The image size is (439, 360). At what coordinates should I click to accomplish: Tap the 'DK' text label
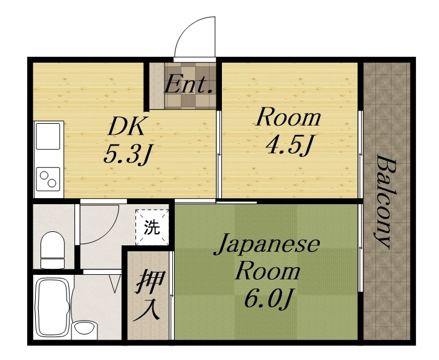128,127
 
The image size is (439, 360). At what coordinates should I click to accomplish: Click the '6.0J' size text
268,299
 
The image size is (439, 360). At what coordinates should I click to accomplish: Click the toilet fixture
53,250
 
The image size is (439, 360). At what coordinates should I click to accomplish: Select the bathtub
53,307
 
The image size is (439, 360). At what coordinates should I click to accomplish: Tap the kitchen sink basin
48,137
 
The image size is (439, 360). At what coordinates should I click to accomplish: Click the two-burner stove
48,179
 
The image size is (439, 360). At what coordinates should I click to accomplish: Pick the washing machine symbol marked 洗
152,227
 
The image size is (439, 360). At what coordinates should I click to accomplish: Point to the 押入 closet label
148,295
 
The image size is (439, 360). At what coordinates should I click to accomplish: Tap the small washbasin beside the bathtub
84,329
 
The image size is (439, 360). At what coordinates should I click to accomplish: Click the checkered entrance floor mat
190,86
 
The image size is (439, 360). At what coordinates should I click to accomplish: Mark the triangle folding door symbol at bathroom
115,284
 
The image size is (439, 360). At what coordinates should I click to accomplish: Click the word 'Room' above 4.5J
288,117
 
